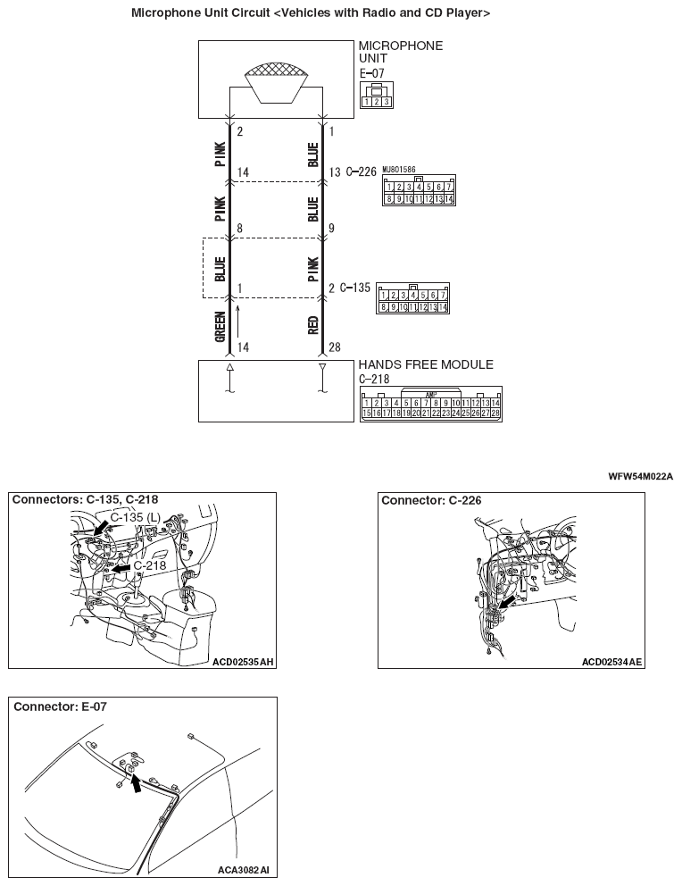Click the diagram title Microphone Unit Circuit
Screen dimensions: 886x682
click(310, 13)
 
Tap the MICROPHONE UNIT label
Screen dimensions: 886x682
click(400, 52)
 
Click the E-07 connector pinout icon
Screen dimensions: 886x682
click(376, 96)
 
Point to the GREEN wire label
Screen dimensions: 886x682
click(220, 328)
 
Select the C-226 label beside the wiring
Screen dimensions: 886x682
click(362, 171)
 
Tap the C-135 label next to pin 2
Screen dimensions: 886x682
click(355, 288)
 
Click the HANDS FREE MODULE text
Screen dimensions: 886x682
click(425, 364)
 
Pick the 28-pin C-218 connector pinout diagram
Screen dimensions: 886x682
click(430, 404)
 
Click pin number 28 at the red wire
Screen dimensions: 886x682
click(334, 347)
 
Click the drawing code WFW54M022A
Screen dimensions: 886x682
click(640, 476)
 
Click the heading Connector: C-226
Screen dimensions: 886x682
click(431, 500)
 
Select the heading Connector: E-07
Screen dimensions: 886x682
click(60, 706)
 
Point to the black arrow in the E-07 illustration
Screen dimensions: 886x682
click(136, 784)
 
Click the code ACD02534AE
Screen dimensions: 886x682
click(611, 662)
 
